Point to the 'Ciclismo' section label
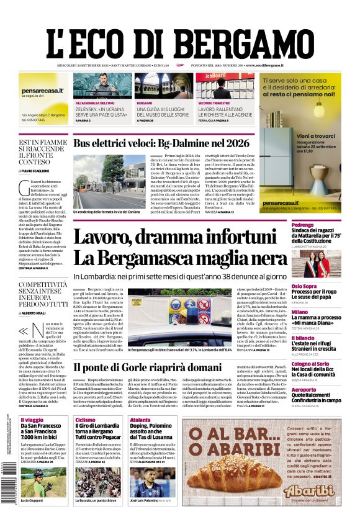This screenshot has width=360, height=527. (85, 420)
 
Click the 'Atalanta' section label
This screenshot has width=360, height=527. (140, 420)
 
